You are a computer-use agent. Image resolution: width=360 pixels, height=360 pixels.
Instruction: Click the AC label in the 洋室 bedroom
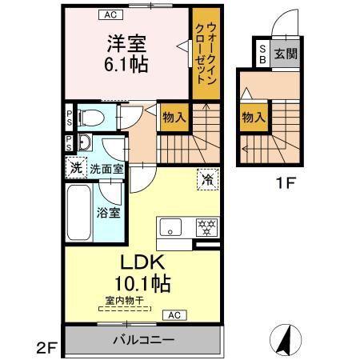click(110, 14)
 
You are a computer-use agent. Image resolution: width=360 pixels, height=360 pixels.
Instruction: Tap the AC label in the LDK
click(174, 315)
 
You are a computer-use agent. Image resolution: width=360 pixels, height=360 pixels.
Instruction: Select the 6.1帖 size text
click(126, 65)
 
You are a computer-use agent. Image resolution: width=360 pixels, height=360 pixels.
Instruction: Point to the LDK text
click(142, 262)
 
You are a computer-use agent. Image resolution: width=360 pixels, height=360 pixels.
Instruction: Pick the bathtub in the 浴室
click(79, 213)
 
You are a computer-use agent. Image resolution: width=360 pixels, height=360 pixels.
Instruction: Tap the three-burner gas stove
click(206, 227)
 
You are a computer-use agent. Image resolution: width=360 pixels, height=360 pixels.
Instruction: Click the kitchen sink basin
click(170, 227)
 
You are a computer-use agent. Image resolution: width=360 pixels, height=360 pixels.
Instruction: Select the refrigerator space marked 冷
click(208, 179)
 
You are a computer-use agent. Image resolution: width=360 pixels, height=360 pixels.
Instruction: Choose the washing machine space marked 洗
click(76, 168)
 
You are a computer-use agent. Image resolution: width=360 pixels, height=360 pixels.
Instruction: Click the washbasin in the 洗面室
click(85, 142)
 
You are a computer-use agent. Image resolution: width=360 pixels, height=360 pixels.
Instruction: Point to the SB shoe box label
click(262, 54)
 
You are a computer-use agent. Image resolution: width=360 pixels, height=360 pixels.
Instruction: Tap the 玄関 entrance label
click(286, 54)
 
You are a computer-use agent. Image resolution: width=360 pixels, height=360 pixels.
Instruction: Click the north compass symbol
click(286, 339)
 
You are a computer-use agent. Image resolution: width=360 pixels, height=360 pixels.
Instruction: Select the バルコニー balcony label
click(144, 340)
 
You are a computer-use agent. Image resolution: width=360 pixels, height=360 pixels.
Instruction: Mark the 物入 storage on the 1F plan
click(254, 118)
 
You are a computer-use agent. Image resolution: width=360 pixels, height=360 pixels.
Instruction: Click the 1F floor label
click(286, 183)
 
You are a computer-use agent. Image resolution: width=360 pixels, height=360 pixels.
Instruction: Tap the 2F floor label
click(47, 348)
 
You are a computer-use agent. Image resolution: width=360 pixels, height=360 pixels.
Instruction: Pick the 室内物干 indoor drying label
click(125, 301)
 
